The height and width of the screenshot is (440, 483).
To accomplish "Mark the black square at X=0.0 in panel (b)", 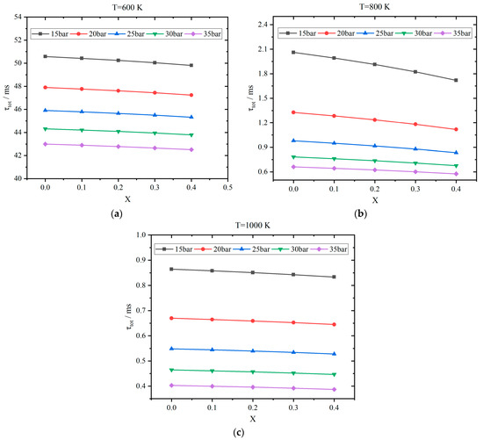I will pos(293,53).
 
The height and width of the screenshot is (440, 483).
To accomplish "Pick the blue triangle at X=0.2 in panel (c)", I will pos(252,350).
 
